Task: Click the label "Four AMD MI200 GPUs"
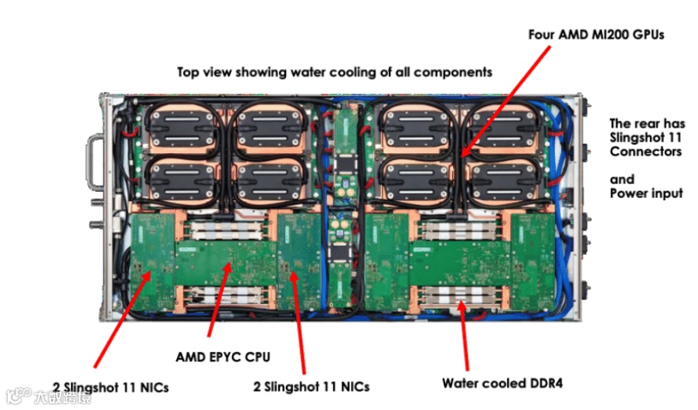click(596, 35)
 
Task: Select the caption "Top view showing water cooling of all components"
click(335, 72)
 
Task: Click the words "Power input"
click(646, 193)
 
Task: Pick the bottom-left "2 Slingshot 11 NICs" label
click(111, 385)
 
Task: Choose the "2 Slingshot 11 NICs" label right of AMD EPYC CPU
click(312, 385)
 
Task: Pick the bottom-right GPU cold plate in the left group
click(266, 179)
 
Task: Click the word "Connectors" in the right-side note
click(645, 151)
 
